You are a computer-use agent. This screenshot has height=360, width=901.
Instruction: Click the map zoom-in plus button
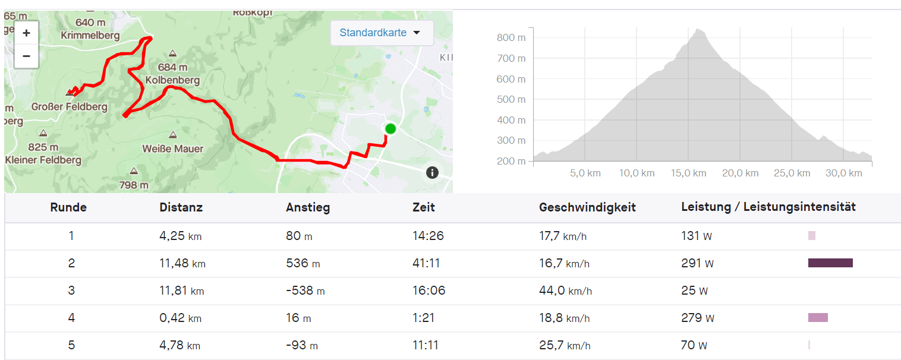pos(26,33)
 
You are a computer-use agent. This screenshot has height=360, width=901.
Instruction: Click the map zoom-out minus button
pos(26,56)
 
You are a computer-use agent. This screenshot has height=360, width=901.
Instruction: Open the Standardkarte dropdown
pos(380,33)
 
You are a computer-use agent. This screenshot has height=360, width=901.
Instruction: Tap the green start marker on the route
pos(390,128)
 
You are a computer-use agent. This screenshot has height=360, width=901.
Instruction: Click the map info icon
pos(432,173)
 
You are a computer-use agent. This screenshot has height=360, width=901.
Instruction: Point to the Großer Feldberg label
pos(69,107)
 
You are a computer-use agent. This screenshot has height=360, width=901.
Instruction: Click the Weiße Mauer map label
pos(173,149)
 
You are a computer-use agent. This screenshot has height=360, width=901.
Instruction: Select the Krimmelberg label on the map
pos(90,35)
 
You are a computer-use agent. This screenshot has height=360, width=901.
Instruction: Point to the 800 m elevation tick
pos(511,37)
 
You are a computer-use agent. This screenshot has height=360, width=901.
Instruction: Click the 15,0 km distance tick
pos(689,173)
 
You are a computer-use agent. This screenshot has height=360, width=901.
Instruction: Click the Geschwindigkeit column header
pos(587,207)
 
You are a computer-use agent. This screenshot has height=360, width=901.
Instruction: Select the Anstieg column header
pos(308,207)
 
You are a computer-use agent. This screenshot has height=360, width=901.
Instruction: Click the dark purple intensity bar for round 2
pos(830,263)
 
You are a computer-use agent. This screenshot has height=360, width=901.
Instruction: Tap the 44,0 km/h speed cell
pos(565,290)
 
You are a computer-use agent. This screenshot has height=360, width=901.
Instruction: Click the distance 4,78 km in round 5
pos(179,345)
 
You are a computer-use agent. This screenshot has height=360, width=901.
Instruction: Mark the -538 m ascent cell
pos(305,290)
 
